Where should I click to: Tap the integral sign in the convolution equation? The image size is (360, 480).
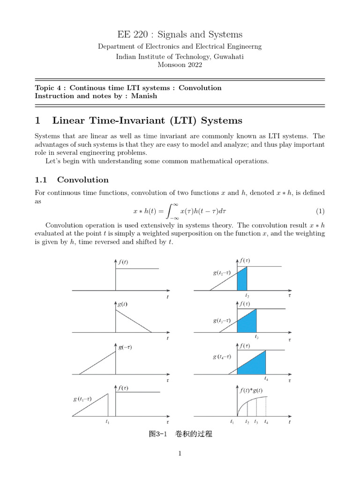(173, 211)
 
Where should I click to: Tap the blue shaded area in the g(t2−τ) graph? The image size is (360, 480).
(242, 281)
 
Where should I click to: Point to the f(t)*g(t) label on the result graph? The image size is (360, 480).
(251, 390)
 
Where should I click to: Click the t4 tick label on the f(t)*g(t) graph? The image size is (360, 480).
(266, 422)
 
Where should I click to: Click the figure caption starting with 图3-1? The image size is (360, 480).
(180, 435)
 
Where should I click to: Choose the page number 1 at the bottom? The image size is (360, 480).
(180, 453)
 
